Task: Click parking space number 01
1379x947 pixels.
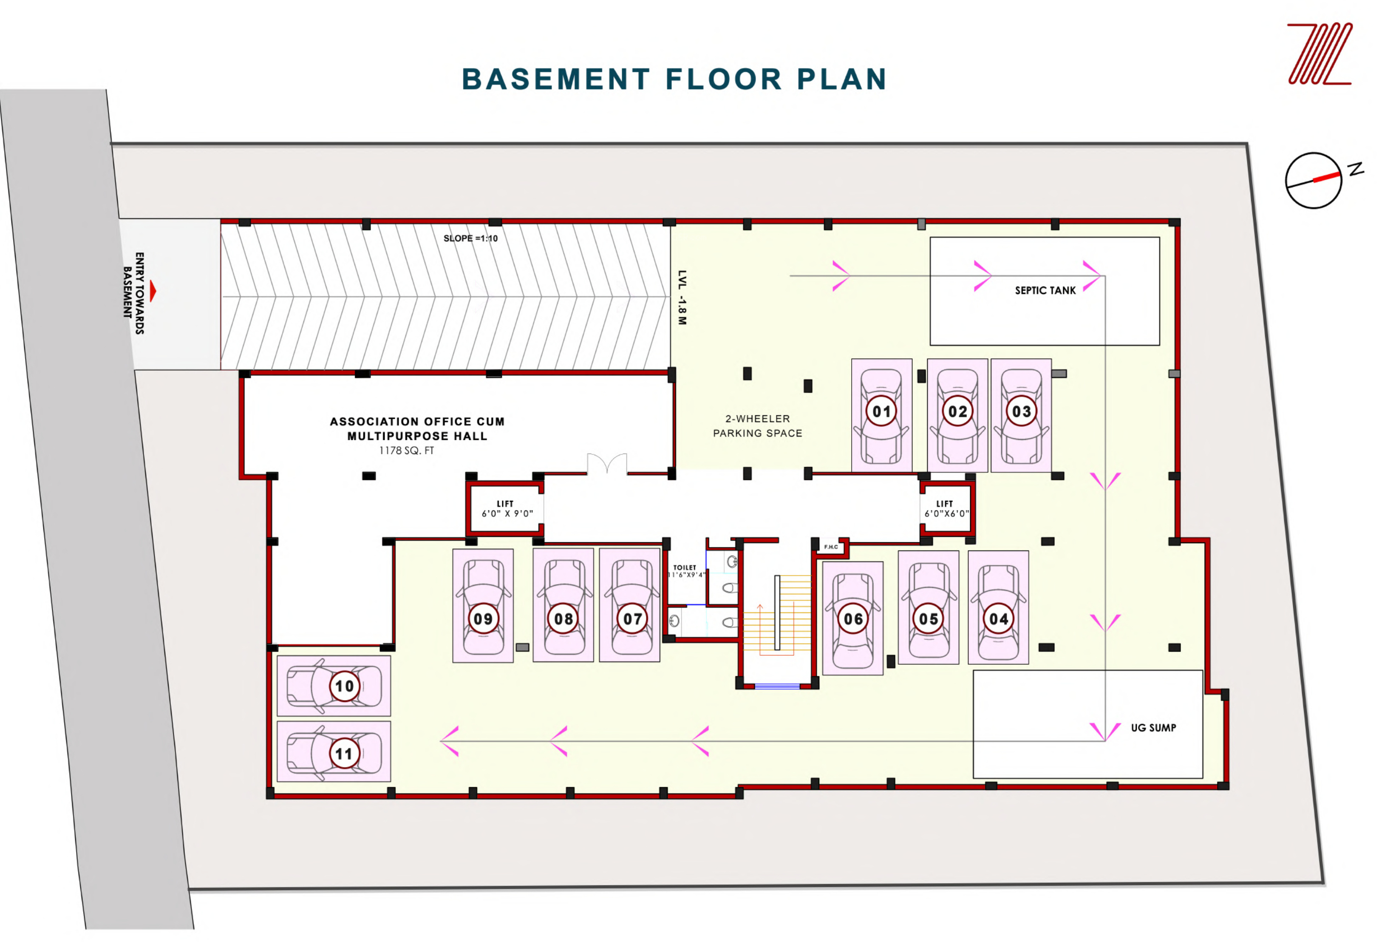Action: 882,415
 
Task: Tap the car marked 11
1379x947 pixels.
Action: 334,752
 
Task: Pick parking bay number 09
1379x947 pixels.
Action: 483,606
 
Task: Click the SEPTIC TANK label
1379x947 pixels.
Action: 1045,291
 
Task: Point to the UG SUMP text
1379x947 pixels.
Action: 1153,728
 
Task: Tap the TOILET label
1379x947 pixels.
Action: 684,568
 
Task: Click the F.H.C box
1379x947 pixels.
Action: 831,547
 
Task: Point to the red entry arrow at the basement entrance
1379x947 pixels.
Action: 153,291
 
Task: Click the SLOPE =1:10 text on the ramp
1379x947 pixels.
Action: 470,238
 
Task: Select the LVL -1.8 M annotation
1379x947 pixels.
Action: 682,298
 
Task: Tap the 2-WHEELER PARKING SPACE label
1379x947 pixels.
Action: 758,426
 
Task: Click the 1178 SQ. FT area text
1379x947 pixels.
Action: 406,451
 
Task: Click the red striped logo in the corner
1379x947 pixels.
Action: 1319,54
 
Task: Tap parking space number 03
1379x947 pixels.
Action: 1021,415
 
